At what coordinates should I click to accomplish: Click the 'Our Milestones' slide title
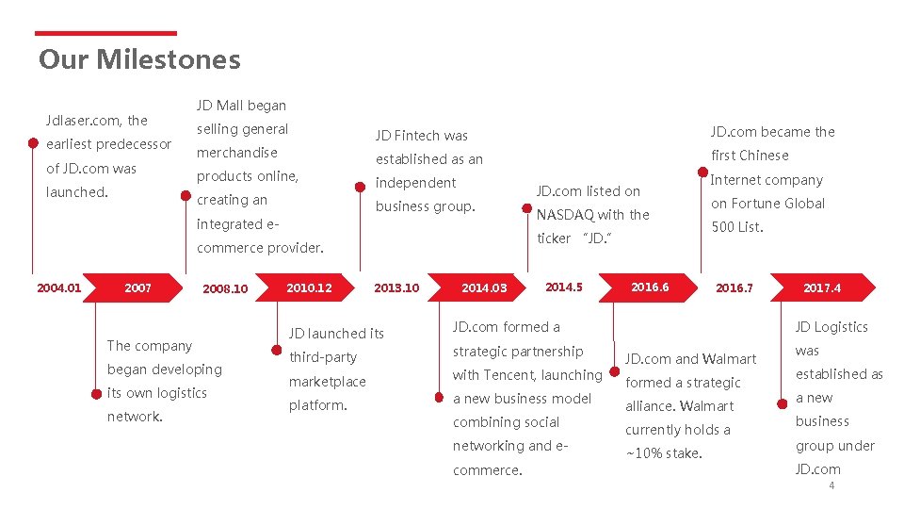(x=139, y=60)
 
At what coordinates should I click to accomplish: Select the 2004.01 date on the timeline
(x=58, y=287)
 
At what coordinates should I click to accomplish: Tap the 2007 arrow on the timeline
(x=137, y=287)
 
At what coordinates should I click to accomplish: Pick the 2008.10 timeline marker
(x=225, y=288)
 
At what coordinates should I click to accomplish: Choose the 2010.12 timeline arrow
(x=309, y=287)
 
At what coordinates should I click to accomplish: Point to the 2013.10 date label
(x=396, y=287)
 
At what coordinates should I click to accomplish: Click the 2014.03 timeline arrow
(x=484, y=287)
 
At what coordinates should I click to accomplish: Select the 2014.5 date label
(x=564, y=287)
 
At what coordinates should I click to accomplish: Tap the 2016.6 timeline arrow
(x=650, y=287)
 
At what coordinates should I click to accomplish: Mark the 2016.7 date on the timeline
(x=734, y=287)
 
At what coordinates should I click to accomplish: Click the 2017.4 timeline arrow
(x=822, y=287)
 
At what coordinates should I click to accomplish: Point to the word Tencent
(x=508, y=375)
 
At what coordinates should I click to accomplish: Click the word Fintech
(x=420, y=136)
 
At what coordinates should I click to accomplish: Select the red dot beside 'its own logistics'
(x=94, y=393)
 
